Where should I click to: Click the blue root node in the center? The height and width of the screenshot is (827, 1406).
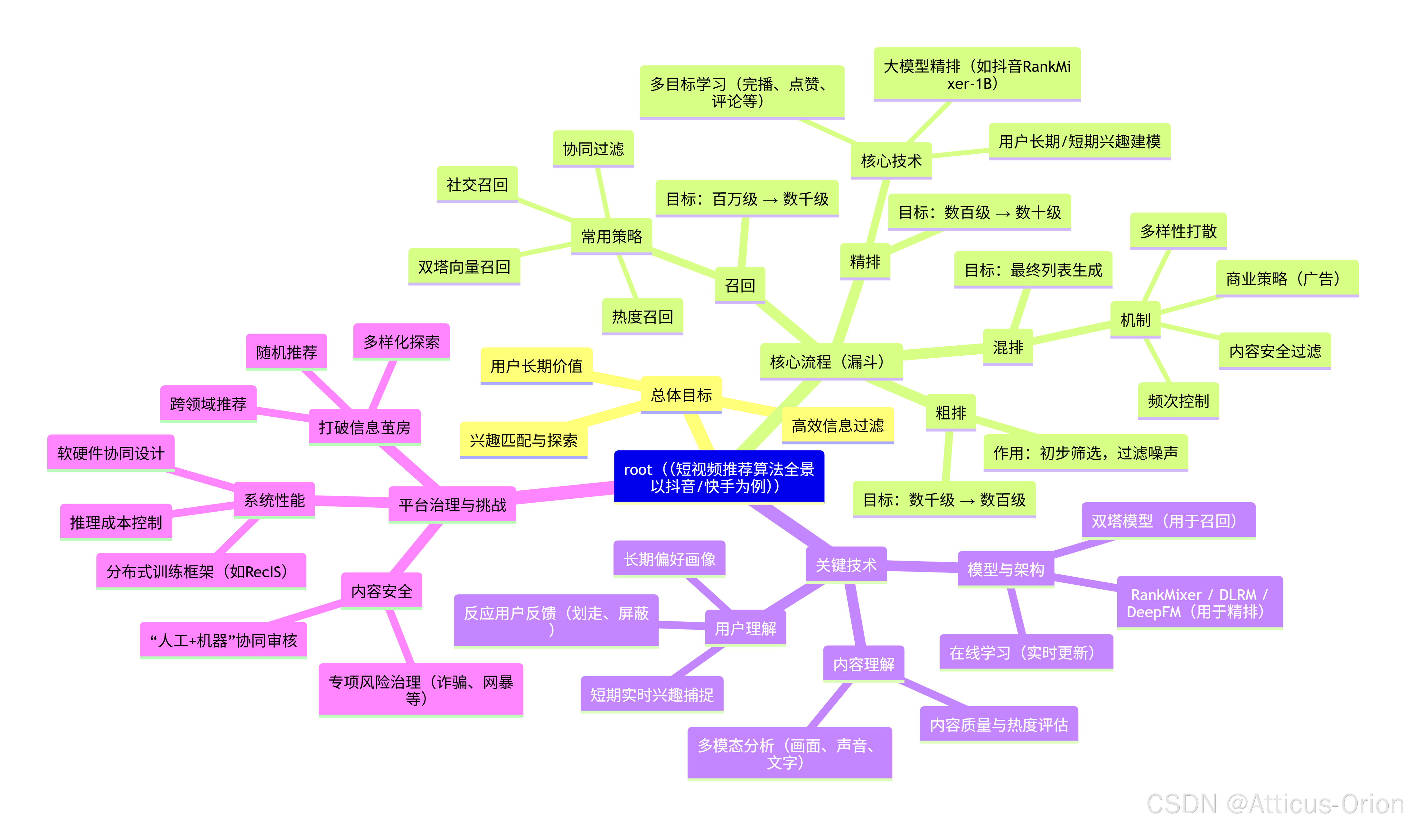pos(719,477)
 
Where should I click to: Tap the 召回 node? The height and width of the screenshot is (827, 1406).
pos(740,285)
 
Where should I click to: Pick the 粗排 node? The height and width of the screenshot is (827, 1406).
pos(951,413)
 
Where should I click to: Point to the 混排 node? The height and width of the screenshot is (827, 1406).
pos(1008,347)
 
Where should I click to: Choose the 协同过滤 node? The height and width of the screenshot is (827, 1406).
pos(593,149)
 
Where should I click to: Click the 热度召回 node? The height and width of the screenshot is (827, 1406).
pos(642,317)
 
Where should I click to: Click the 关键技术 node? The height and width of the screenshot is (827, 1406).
pos(846,565)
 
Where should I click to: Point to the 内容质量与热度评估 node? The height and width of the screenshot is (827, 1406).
pos(999,725)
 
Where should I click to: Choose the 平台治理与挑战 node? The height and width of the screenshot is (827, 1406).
pos(452,505)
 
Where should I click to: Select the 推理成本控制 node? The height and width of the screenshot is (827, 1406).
pos(116,522)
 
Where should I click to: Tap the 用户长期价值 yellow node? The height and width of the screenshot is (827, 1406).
pos(536,366)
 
